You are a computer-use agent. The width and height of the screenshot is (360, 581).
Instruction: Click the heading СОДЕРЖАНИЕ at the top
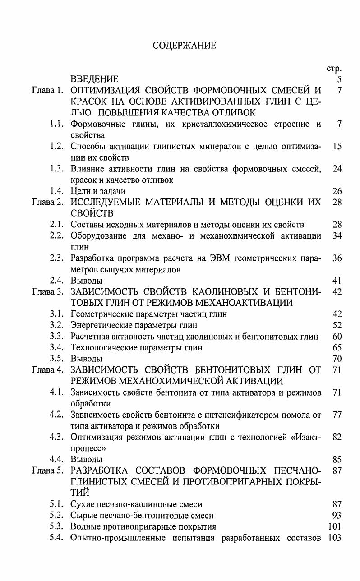pyautogui.click(x=184, y=45)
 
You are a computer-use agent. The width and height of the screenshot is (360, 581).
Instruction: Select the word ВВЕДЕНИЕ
pyautogui.click(x=94, y=80)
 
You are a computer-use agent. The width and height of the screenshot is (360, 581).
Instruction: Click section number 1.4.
pyautogui.click(x=58, y=191)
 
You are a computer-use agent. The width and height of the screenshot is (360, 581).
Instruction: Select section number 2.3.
pyautogui.click(x=58, y=258)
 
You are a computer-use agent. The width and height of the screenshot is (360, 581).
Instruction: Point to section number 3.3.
pyautogui.click(x=58, y=337)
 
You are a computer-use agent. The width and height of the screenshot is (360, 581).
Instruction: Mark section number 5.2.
pyautogui.click(x=58, y=515)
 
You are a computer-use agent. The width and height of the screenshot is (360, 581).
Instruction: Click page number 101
pyautogui.click(x=334, y=526)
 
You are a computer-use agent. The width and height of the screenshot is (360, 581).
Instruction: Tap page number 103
pyautogui.click(x=334, y=538)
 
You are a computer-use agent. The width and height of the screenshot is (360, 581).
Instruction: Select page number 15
pyautogui.click(x=337, y=147)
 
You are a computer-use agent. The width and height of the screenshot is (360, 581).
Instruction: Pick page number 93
pyautogui.click(x=337, y=515)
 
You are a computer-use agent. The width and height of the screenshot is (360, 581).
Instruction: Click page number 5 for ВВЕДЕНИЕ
pyautogui.click(x=339, y=80)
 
